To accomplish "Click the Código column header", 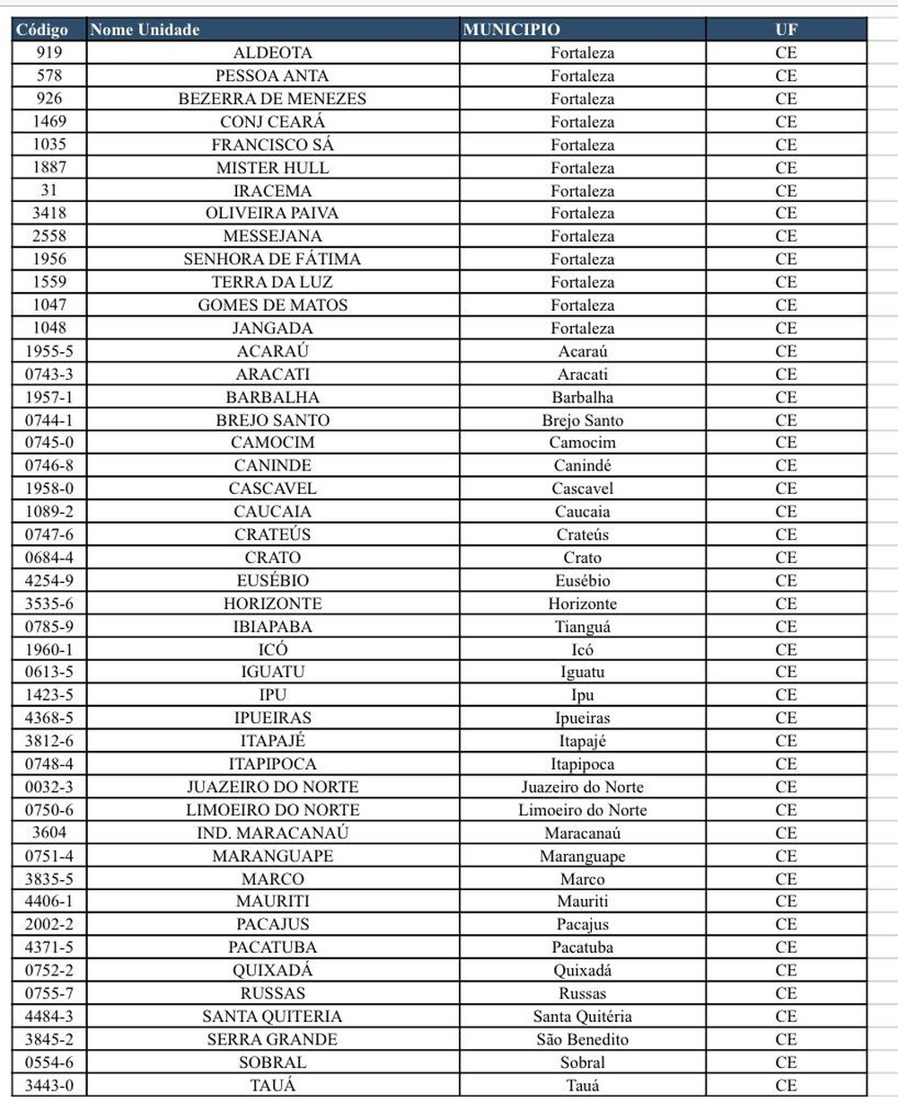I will pos(42,30).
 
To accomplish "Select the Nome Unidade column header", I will pos(145,30).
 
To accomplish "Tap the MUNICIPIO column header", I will pos(512,30).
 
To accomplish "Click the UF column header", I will pos(786,30).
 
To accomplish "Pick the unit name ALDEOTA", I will pos(272,53).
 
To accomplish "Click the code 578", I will pos(49,76).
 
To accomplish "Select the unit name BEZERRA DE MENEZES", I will pos(272,99).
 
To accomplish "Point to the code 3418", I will pos(49,213).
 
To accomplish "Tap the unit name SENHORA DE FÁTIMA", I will pos(272,260).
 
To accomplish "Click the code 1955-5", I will pos(49,351).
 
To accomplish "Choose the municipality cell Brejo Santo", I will pos(583,420).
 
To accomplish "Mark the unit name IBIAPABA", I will pos(272,627).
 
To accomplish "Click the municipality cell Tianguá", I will pos(583,627).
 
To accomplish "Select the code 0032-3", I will pos(49,788).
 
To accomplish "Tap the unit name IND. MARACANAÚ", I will pos(272,833).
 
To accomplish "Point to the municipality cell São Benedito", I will pos(583,1040).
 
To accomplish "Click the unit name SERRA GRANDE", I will pos(272,1040).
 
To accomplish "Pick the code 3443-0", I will pos(49,1086).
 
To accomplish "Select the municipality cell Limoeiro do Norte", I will pos(583,810).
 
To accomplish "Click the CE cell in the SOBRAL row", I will pos(786,1062).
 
